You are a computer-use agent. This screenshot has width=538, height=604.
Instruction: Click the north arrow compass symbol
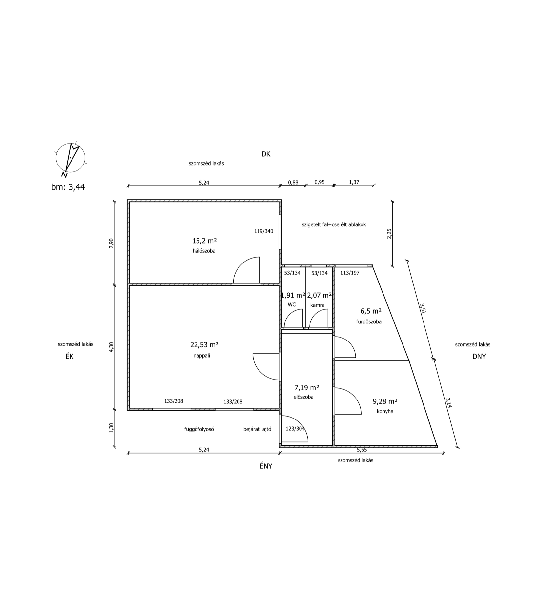(x=71, y=158)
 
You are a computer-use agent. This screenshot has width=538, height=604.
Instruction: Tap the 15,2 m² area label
(x=204, y=241)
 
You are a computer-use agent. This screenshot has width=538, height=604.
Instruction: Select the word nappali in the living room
(x=202, y=356)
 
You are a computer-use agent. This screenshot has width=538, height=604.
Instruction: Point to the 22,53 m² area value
(x=204, y=345)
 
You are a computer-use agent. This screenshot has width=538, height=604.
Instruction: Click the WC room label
(x=292, y=305)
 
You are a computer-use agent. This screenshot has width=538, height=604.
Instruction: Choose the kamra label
(x=317, y=305)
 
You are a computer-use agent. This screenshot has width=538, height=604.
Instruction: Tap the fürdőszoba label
(x=369, y=322)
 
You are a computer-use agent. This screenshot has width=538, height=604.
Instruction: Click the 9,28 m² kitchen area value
(x=385, y=401)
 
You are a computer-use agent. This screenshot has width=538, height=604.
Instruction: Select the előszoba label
(x=303, y=397)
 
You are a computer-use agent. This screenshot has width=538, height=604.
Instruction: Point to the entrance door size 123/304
(x=295, y=429)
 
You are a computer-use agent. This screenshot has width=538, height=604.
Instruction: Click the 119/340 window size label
(x=263, y=231)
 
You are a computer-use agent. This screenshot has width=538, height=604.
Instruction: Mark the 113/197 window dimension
(x=350, y=273)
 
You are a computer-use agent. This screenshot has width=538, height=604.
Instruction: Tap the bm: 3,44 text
(x=68, y=187)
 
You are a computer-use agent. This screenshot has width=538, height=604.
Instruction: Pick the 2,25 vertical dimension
(x=389, y=233)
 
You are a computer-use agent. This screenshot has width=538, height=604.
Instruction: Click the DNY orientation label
(x=479, y=357)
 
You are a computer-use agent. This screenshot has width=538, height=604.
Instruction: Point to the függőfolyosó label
(x=199, y=429)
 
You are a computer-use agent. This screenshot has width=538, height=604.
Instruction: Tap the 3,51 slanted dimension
(x=423, y=308)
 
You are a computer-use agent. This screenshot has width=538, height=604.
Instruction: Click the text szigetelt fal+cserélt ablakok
(x=334, y=225)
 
